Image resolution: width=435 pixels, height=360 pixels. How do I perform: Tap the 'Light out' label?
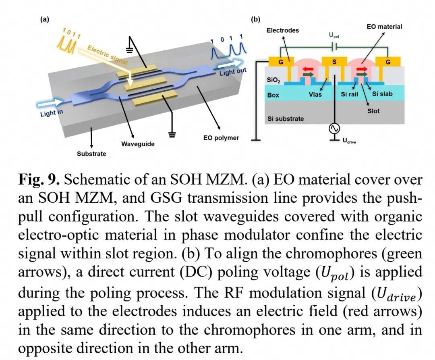pos(233,72)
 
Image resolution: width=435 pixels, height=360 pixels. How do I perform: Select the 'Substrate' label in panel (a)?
pos(91,154)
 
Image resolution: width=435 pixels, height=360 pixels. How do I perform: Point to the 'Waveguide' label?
pos(138,144)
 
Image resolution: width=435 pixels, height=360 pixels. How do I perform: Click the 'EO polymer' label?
pos(221,138)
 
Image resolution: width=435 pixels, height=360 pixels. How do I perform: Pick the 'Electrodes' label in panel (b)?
pos(283,30)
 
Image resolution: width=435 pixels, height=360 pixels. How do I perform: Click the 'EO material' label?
pos(384,27)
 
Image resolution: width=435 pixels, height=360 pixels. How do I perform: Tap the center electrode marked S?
pos(334,62)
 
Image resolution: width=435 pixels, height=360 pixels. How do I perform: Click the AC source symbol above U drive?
pos(334,129)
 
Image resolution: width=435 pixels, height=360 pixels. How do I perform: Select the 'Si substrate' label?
pos(286,119)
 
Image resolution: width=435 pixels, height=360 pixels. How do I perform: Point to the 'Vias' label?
pos(315,95)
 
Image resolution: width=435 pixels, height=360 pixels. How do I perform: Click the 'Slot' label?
pos(373,111)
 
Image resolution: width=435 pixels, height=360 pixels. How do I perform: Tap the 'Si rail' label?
pos(350,94)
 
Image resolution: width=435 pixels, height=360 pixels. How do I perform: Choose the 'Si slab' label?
pos(382,94)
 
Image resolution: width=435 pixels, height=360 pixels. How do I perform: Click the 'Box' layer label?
pos(273,95)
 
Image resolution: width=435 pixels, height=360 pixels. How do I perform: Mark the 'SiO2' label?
pos(273,80)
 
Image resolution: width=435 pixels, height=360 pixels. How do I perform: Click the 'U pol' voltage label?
pos(334,35)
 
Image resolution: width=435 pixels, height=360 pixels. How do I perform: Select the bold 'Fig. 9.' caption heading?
pos(39,180)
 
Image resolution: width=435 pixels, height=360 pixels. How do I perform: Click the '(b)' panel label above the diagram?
pos(255,19)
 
